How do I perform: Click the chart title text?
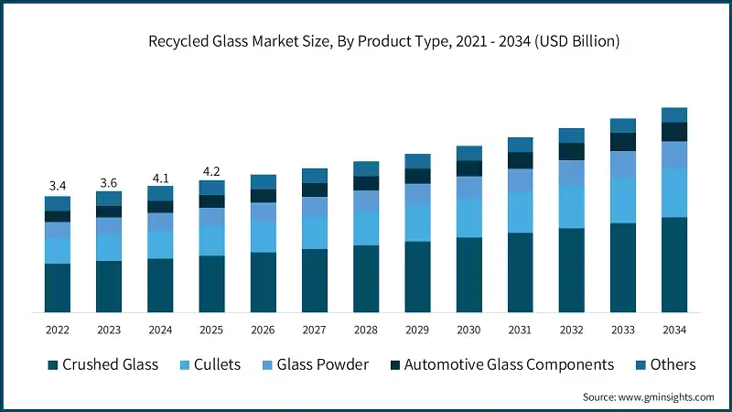point(366,41)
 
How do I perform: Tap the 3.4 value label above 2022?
point(57,186)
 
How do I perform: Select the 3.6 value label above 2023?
point(109,182)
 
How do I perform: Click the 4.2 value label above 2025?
point(211,171)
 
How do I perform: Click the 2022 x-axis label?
point(57,329)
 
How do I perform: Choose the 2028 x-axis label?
point(366,329)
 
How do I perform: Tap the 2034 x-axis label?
point(674,329)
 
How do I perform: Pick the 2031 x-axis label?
point(520,329)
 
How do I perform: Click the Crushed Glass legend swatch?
point(54,365)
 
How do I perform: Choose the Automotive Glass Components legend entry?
point(509,364)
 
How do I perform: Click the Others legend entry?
point(673,364)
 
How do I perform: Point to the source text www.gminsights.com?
point(647,396)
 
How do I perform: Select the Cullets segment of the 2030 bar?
point(468,217)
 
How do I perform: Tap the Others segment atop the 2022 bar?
point(57,203)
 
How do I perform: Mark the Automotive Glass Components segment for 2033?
point(623,142)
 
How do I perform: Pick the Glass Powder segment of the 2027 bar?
point(314,207)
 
